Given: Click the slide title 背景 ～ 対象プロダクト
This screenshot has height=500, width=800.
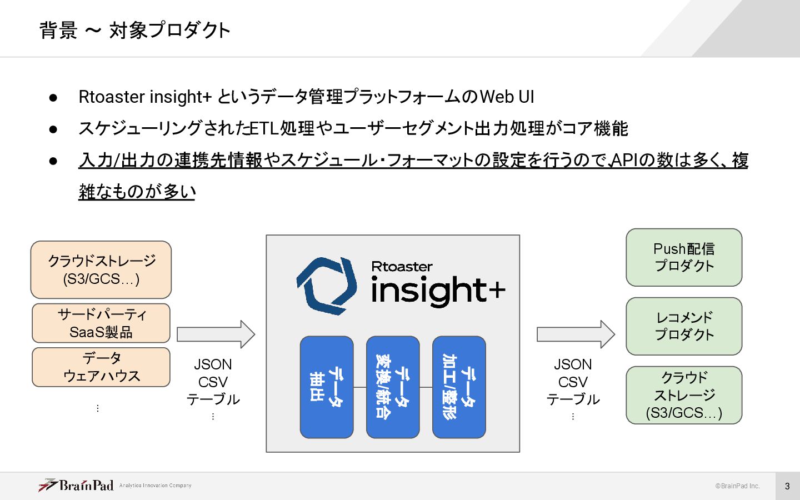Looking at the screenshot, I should (x=135, y=30).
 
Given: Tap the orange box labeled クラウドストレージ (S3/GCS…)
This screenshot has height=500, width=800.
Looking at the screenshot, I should (x=101, y=270).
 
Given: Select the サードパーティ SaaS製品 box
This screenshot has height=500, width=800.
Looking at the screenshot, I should (x=101, y=323).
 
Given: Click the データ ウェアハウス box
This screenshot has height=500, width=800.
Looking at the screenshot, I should (x=101, y=367).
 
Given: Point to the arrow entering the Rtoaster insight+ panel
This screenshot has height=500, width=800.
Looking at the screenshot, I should (x=216, y=334).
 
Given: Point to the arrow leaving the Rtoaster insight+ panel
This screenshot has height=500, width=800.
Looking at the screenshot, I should (x=576, y=334).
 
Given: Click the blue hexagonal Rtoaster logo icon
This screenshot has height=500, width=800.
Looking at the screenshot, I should (x=327, y=286).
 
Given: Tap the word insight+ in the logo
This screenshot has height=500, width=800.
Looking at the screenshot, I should (x=438, y=290).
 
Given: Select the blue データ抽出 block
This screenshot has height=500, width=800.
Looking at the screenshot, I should (x=327, y=387).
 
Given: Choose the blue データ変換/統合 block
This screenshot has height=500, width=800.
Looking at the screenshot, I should (x=393, y=387).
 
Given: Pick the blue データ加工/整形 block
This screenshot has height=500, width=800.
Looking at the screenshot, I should (x=459, y=387).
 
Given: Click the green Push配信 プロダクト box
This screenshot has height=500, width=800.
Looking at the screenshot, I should (x=684, y=258).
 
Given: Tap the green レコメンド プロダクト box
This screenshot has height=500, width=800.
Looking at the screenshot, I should (x=684, y=327).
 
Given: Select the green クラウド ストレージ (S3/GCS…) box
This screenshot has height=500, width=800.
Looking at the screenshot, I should (x=684, y=396).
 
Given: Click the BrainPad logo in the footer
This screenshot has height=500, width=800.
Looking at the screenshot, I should (x=76, y=486).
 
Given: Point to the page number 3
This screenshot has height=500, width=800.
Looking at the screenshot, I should (x=787, y=486).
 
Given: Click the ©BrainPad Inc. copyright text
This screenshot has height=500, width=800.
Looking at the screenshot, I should (x=737, y=486).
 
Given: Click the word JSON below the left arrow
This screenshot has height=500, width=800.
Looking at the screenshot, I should (x=213, y=364).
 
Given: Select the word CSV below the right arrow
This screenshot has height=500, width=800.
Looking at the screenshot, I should (x=573, y=382).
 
